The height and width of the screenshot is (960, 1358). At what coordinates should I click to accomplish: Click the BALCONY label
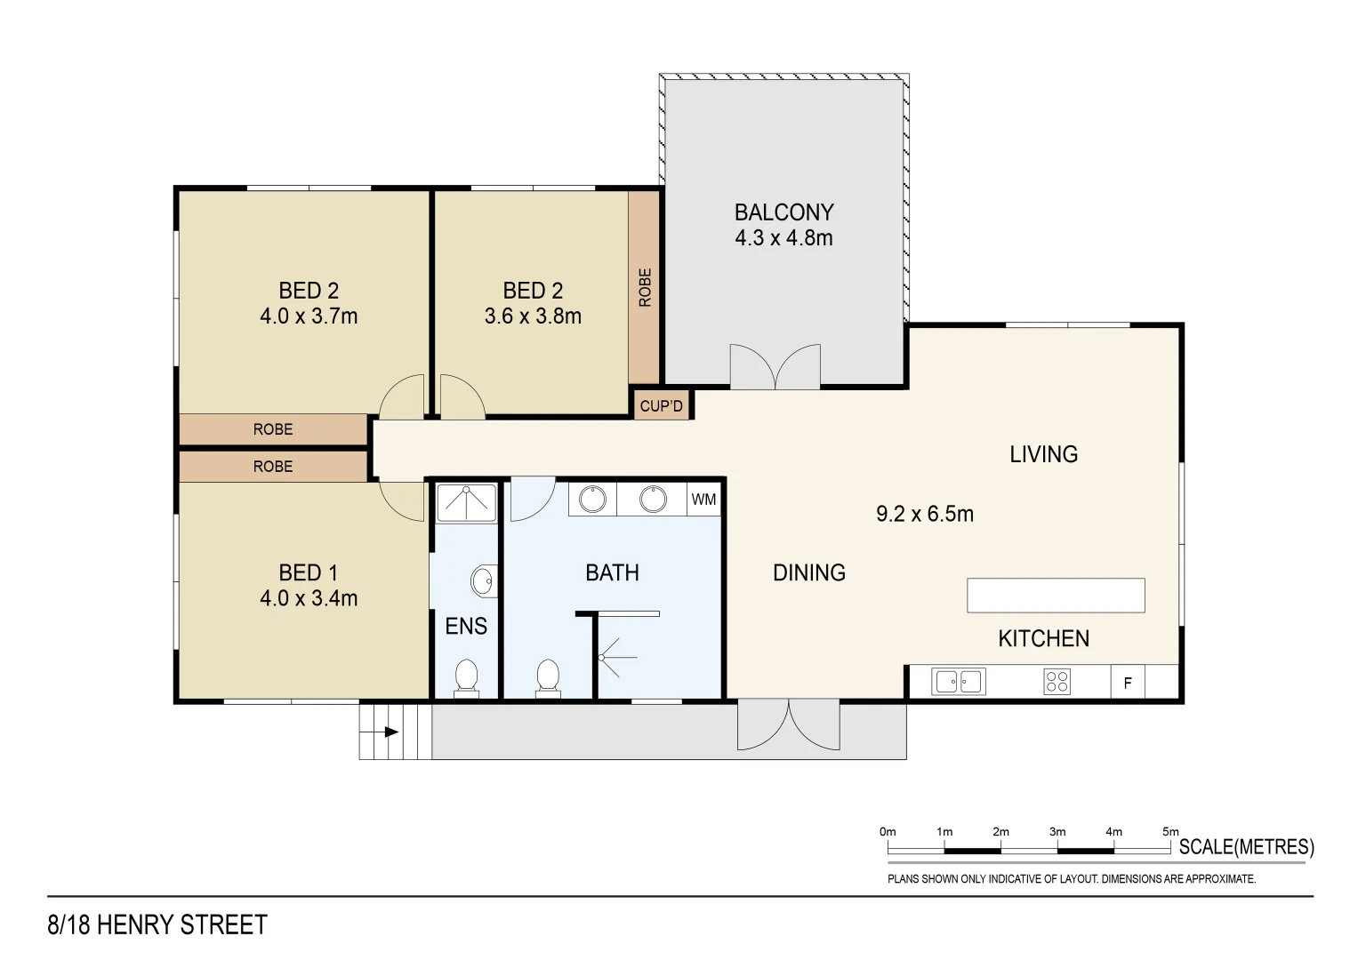click(x=783, y=212)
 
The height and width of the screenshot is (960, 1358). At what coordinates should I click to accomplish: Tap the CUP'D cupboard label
click(x=661, y=406)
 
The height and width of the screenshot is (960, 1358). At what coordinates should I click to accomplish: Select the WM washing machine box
click(x=703, y=500)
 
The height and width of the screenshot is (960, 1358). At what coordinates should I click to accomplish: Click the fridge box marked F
click(x=1128, y=683)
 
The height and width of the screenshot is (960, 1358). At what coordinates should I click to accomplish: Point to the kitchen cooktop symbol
click(x=1057, y=681)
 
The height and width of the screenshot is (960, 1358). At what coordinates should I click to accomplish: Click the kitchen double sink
click(x=959, y=681)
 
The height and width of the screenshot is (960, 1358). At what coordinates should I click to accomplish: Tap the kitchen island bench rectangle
click(x=1056, y=596)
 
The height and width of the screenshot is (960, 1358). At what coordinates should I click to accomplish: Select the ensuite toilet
click(x=466, y=678)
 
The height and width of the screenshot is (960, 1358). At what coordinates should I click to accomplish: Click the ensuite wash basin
click(x=484, y=581)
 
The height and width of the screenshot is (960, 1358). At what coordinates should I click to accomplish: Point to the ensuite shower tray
click(x=466, y=503)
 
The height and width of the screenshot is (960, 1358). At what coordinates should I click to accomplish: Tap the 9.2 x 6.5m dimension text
click(x=925, y=514)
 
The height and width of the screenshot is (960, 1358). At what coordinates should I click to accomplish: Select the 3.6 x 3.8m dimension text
click(x=533, y=316)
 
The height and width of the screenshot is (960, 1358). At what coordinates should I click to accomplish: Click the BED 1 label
click(x=308, y=572)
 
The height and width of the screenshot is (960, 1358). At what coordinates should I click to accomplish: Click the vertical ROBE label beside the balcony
click(x=645, y=287)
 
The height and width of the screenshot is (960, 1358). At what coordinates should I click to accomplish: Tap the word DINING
click(x=808, y=572)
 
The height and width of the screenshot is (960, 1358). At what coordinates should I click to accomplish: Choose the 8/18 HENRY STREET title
click(x=157, y=924)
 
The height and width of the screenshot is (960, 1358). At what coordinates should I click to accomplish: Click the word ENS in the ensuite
click(x=466, y=626)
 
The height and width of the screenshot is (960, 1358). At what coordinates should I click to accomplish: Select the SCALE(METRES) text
click(x=1247, y=846)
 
